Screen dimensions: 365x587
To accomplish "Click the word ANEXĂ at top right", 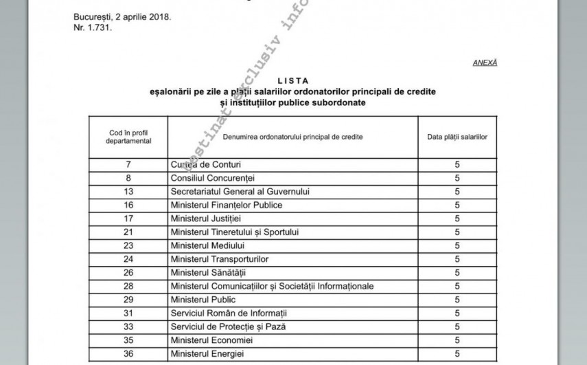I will (x=485, y=63).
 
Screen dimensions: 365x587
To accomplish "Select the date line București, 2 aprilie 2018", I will (x=122, y=16).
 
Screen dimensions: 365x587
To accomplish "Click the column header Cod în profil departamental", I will (x=128, y=136).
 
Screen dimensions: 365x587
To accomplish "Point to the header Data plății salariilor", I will (x=457, y=137).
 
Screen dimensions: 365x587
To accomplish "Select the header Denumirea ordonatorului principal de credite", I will (x=292, y=137).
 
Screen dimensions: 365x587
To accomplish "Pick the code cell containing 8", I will (x=128, y=178).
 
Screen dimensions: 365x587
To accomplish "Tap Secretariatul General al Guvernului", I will (x=240, y=192).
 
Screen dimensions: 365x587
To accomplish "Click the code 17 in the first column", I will (x=128, y=219).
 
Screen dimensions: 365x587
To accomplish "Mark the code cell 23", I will (x=128, y=245).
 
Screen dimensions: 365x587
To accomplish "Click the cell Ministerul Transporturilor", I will (x=219, y=259).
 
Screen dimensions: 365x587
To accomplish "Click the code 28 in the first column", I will (x=128, y=286).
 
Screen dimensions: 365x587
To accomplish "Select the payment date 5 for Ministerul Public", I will (x=457, y=300).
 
